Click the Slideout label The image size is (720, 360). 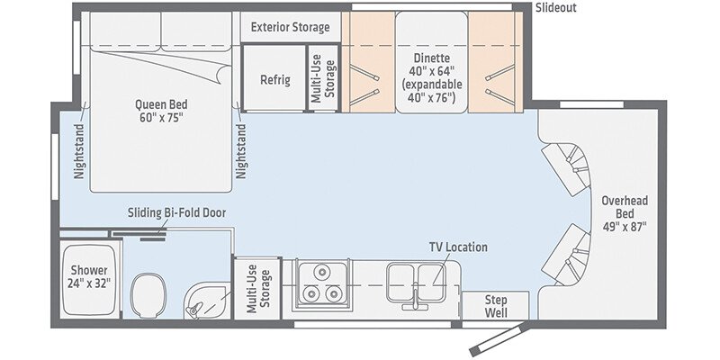pyautogui.click(x=556, y=8)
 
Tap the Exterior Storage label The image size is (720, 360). pyautogui.click(x=290, y=27)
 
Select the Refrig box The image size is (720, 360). pyautogui.click(x=274, y=79)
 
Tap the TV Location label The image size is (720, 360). pyautogui.click(x=457, y=247)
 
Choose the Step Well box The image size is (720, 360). pyautogui.click(x=496, y=306)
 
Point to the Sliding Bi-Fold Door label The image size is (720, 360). pyautogui.click(x=176, y=213)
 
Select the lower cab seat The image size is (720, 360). pyautogui.click(x=565, y=252)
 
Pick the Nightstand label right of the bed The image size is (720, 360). pyautogui.click(x=241, y=147)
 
